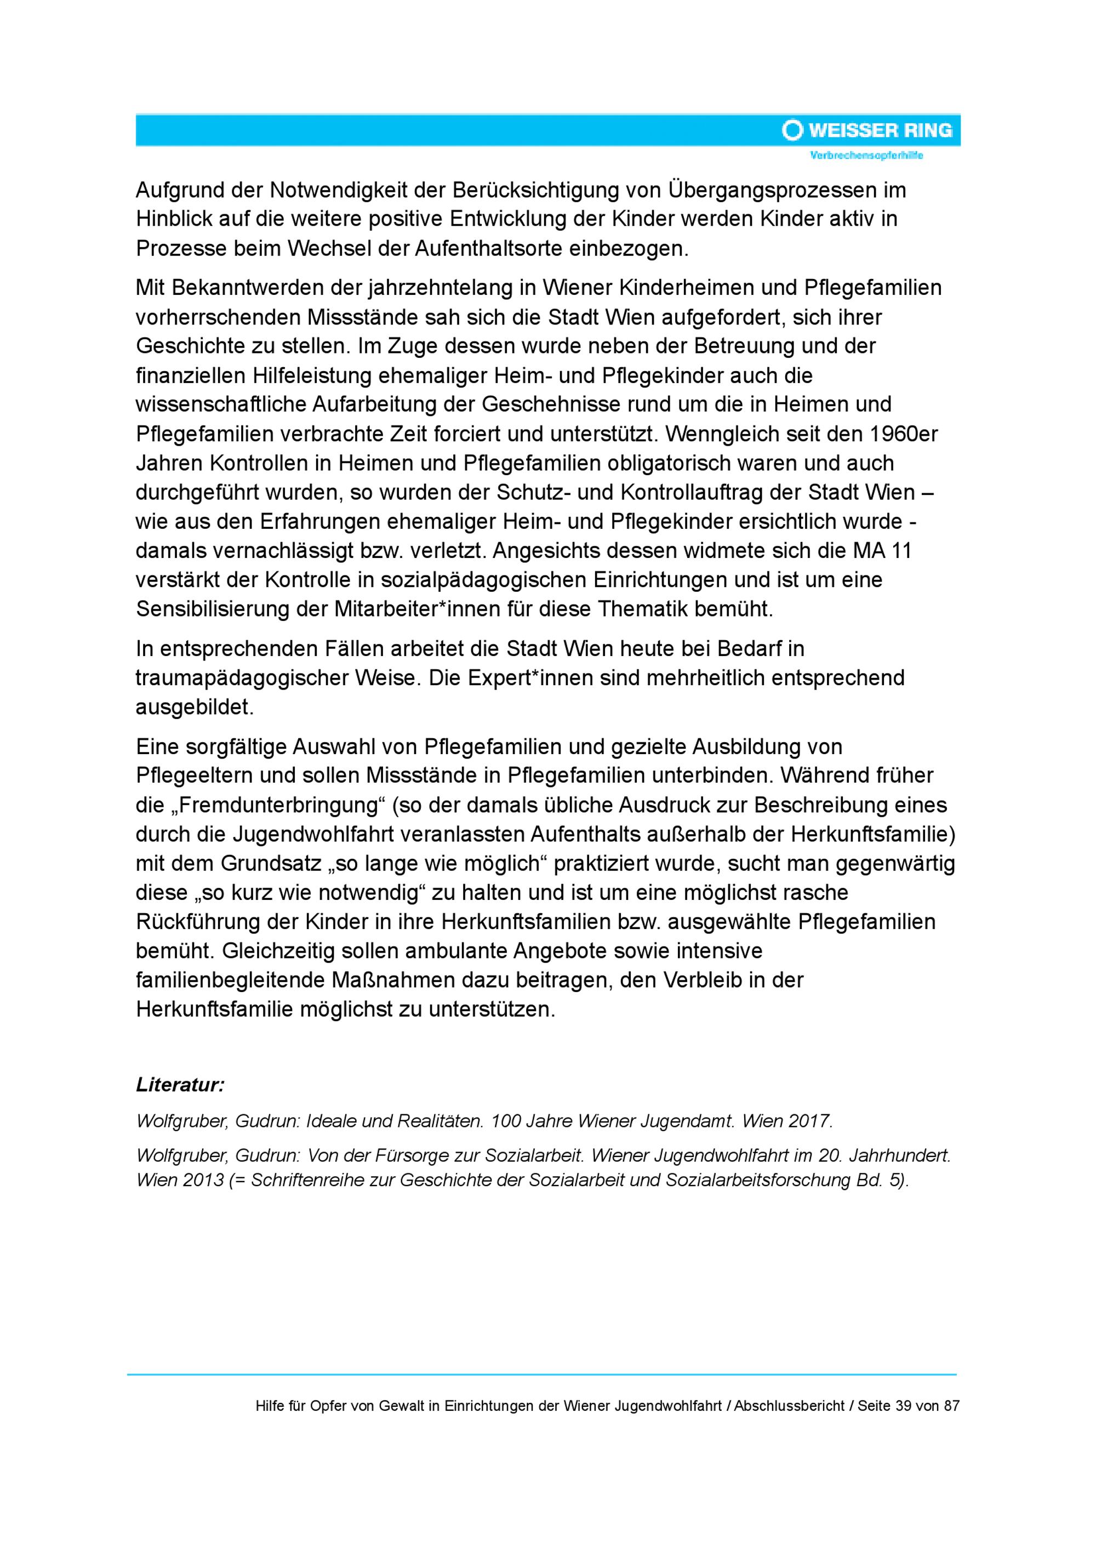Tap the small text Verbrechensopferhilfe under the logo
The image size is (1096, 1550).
click(866, 156)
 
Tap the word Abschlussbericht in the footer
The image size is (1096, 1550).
click(789, 1406)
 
